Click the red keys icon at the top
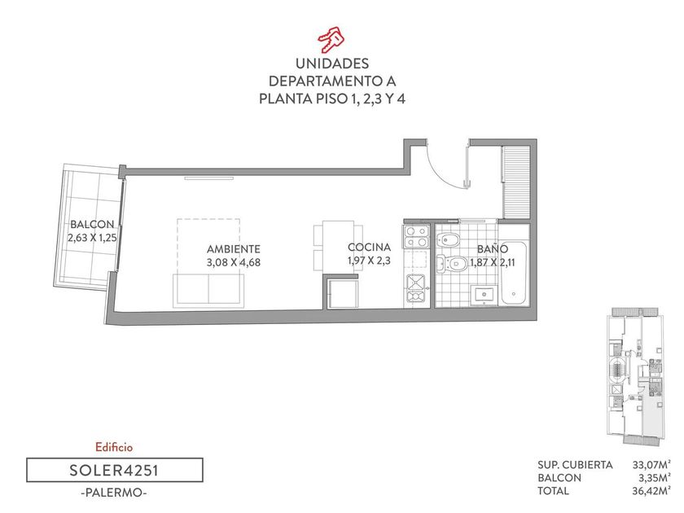pos(331,39)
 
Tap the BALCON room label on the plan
pos(92,225)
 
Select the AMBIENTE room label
pos(234,249)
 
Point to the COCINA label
pos(369,248)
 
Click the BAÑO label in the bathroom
pos(493,248)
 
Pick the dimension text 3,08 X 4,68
pos(234,262)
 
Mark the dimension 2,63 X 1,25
pos(92,238)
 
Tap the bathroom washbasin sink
pos(484,295)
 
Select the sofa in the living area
pos(208,290)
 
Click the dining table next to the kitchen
pos(338,247)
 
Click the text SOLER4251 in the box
pos(114,471)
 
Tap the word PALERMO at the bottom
pos(114,493)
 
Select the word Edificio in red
pos(114,447)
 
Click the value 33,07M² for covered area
pos(651,465)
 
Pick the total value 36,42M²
pos(651,491)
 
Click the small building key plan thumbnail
pos(634,377)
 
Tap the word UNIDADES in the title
pos(332,64)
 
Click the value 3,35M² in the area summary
pos(655,478)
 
